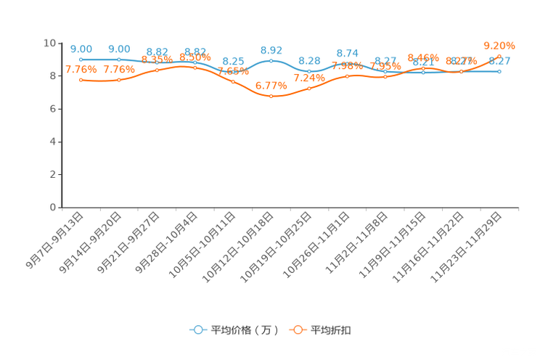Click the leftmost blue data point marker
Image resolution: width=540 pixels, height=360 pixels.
pos(81,60)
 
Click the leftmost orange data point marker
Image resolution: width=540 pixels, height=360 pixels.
pos(81,79)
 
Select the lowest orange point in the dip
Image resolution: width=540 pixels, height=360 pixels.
pos(271,97)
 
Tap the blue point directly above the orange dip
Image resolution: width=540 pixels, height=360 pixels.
pos(271,60)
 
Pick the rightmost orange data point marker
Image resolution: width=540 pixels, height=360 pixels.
pos(499,54)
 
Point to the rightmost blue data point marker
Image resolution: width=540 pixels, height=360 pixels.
pos(499,71)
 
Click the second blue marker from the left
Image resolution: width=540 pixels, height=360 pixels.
pos(119,60)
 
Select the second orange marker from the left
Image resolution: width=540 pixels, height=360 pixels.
pos(119,79)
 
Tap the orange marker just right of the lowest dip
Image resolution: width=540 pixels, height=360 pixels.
pos(309,88)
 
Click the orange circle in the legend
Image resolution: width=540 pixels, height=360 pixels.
pos(298,330)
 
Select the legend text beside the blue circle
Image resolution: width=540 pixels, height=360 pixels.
pos(244,330)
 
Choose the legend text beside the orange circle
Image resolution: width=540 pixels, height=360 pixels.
pos(331,330)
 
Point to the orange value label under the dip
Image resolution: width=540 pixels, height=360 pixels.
pos(271,85)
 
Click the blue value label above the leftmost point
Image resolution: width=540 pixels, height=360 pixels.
pos(81,49)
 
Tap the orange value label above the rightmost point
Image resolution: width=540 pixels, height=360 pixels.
pos(499,44)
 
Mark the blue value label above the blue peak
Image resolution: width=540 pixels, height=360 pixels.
pos(271,49)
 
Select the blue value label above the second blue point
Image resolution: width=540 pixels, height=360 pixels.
pos(119,49)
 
